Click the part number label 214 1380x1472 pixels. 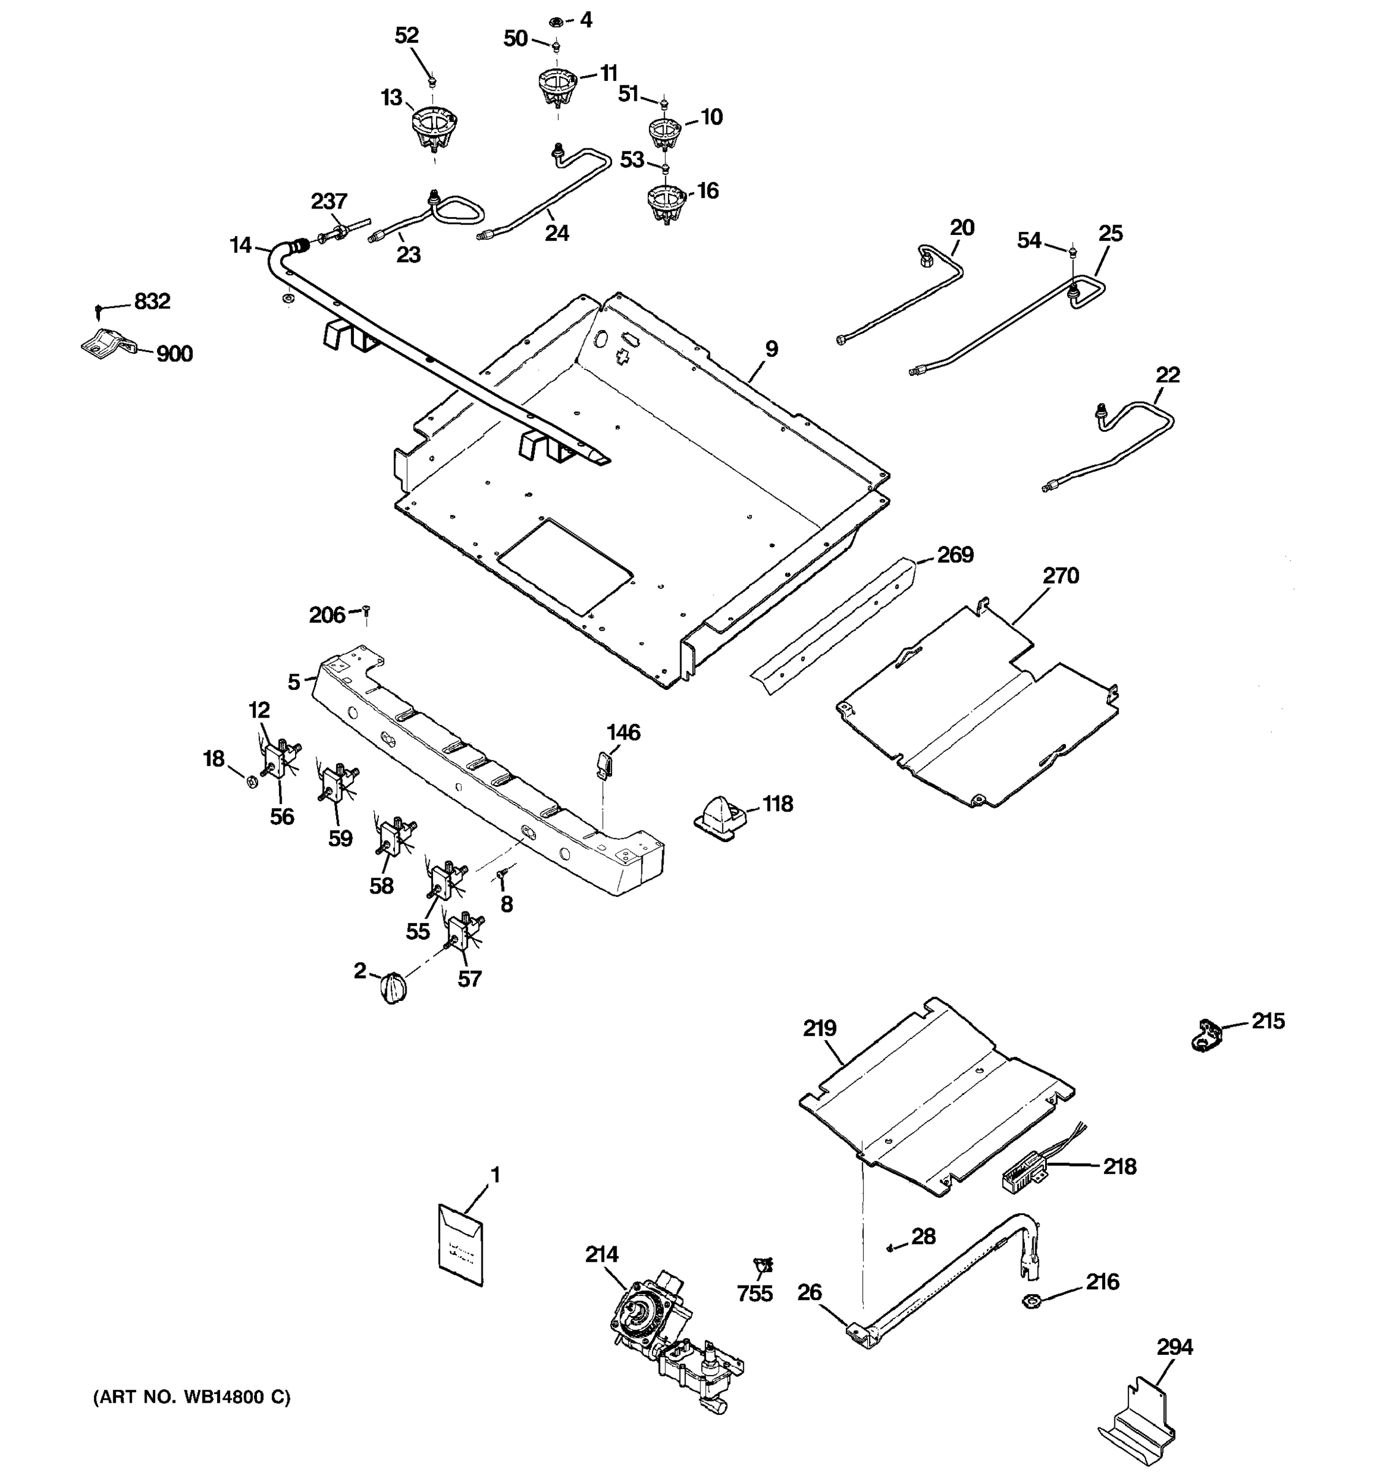[601, 1254]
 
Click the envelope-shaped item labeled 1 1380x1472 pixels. [460, 1246]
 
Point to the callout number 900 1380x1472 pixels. [174, 354]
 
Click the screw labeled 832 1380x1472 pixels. [98, 308]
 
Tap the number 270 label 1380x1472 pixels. [1061, 575]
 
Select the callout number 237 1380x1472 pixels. [329, 201]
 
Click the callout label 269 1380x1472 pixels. [955, 554]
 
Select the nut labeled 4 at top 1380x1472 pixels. [557, 22]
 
